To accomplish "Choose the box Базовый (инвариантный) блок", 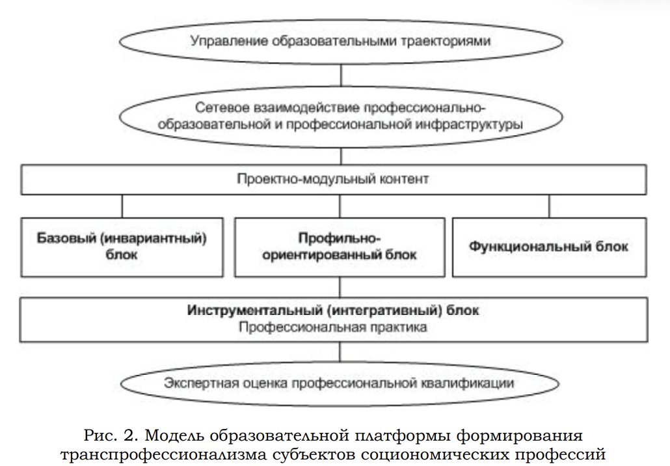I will coord(121,247).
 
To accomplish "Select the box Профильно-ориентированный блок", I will coord(339,247).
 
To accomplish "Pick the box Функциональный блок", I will coord(549,247).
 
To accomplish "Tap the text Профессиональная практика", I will coord(332,327).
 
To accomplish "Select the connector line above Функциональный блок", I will coord(550,206).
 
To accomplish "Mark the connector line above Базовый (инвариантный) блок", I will coord(122,206).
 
